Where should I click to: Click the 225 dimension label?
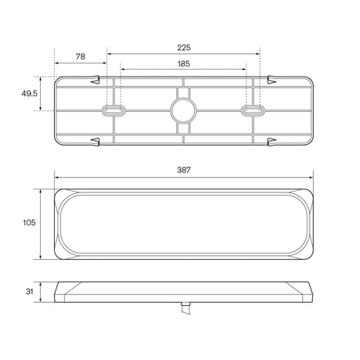tap(184, 48)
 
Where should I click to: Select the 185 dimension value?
tap(184, 64)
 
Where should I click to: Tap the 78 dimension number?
tap(81, 56)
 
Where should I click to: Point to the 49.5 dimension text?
tap(30, 93)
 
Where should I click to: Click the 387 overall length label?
tap(184, 170)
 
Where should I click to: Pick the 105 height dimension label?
tap(29, 223)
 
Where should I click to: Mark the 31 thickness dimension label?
tap(30, 292)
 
